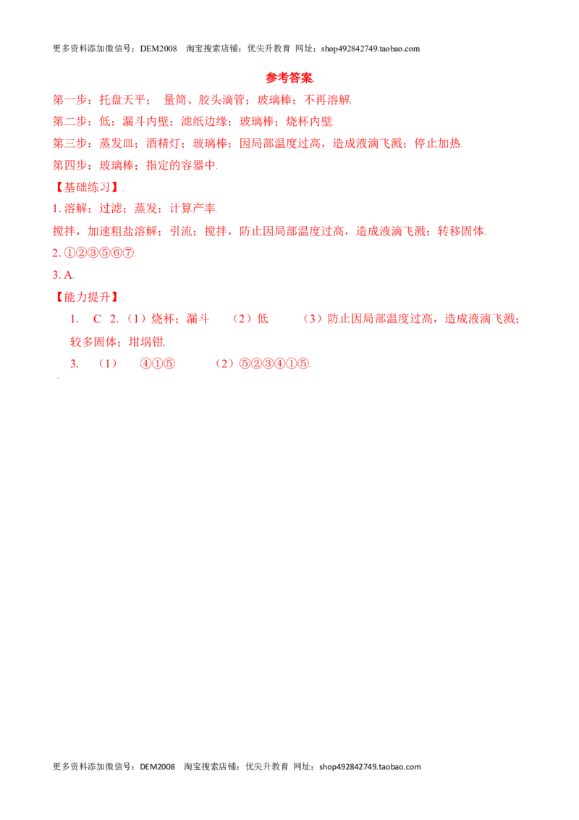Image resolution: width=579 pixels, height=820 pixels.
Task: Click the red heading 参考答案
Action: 289,78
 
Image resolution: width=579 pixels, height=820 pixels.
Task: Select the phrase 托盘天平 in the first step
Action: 122,100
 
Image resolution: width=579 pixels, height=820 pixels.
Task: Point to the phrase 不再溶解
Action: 327,100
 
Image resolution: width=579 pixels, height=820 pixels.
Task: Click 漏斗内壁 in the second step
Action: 145,122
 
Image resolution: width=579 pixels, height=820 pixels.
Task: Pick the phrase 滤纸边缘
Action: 204,122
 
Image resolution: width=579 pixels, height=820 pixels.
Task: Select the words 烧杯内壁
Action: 309,122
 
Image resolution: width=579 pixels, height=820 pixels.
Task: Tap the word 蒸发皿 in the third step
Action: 117,143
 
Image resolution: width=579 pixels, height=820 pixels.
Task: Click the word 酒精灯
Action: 164,143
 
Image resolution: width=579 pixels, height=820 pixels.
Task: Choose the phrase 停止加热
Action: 438,143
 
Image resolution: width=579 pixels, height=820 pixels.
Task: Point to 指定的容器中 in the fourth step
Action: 181,165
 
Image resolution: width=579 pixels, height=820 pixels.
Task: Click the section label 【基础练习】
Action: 88,187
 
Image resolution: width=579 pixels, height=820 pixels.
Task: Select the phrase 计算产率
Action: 193,209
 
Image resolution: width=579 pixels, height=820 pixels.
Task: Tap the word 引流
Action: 181,231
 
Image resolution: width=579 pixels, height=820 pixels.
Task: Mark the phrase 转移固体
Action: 461,231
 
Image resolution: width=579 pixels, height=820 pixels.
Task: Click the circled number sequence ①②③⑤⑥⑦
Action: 99,253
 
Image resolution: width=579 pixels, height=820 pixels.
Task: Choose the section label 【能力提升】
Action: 88,297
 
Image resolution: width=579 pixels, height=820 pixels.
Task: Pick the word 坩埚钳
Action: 145,342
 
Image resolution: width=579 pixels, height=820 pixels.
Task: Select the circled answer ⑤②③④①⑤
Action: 274,364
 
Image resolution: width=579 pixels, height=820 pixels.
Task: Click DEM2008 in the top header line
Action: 159,49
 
